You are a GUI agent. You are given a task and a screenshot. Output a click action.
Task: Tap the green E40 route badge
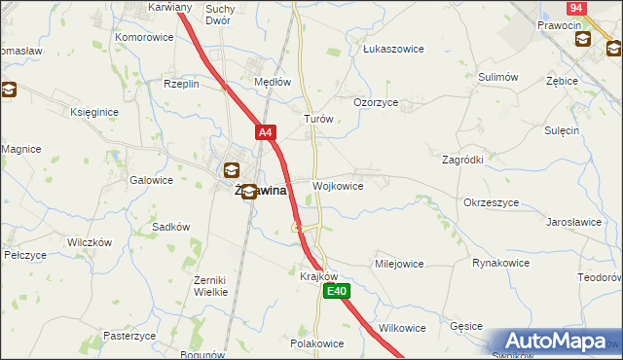(337, 291)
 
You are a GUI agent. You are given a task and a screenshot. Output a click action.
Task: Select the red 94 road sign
(575, 7)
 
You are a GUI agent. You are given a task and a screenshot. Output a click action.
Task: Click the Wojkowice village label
(338, 186)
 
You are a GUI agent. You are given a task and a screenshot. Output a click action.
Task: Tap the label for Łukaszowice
(389, 46)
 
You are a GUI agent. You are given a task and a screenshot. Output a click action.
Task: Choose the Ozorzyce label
(375, 101)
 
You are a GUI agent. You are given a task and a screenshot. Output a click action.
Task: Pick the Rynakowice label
(500, 263)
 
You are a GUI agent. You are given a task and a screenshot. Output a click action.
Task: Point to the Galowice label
(151, 180)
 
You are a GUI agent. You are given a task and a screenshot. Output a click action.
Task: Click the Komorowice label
(144, 37)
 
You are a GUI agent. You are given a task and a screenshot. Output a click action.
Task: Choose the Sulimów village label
(497, 76)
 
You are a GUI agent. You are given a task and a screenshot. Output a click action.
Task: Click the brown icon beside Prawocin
(583, 39)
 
